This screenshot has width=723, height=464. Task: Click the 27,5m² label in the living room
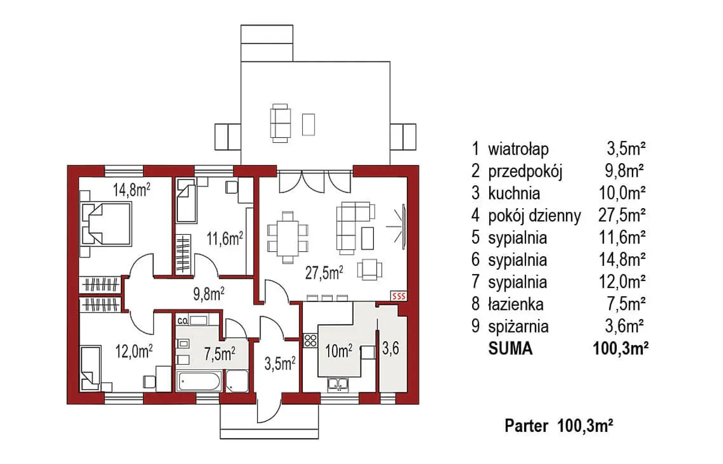click(324, 273)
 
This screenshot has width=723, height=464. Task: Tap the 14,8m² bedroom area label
click(132, 190)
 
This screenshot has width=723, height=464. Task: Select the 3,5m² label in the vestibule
click(280, 364)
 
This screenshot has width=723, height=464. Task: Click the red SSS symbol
click(399, 296)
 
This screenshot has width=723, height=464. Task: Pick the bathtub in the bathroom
click(199, 381)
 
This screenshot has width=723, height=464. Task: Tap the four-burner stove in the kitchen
click(311, 340)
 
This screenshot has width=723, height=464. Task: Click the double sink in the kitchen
click(338, 384)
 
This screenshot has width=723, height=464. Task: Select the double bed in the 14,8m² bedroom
click(107, 224)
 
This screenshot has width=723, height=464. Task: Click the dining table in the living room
click(288, 238)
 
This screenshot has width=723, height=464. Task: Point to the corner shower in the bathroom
click(237, 381)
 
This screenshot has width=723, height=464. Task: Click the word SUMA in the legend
click(510, 348)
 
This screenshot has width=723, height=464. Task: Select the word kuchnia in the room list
click(514, 194)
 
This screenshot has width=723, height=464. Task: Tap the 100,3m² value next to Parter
click(585, 426)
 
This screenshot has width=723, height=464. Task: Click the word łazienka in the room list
click(516, 304)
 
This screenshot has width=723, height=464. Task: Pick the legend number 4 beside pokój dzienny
click(475, 216)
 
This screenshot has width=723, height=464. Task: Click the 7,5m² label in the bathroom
click(220, 354)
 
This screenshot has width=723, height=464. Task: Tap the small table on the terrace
click(308, 124)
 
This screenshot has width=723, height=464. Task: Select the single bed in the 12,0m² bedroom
click(90, 368)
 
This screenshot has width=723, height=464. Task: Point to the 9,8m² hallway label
click(209, 294)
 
